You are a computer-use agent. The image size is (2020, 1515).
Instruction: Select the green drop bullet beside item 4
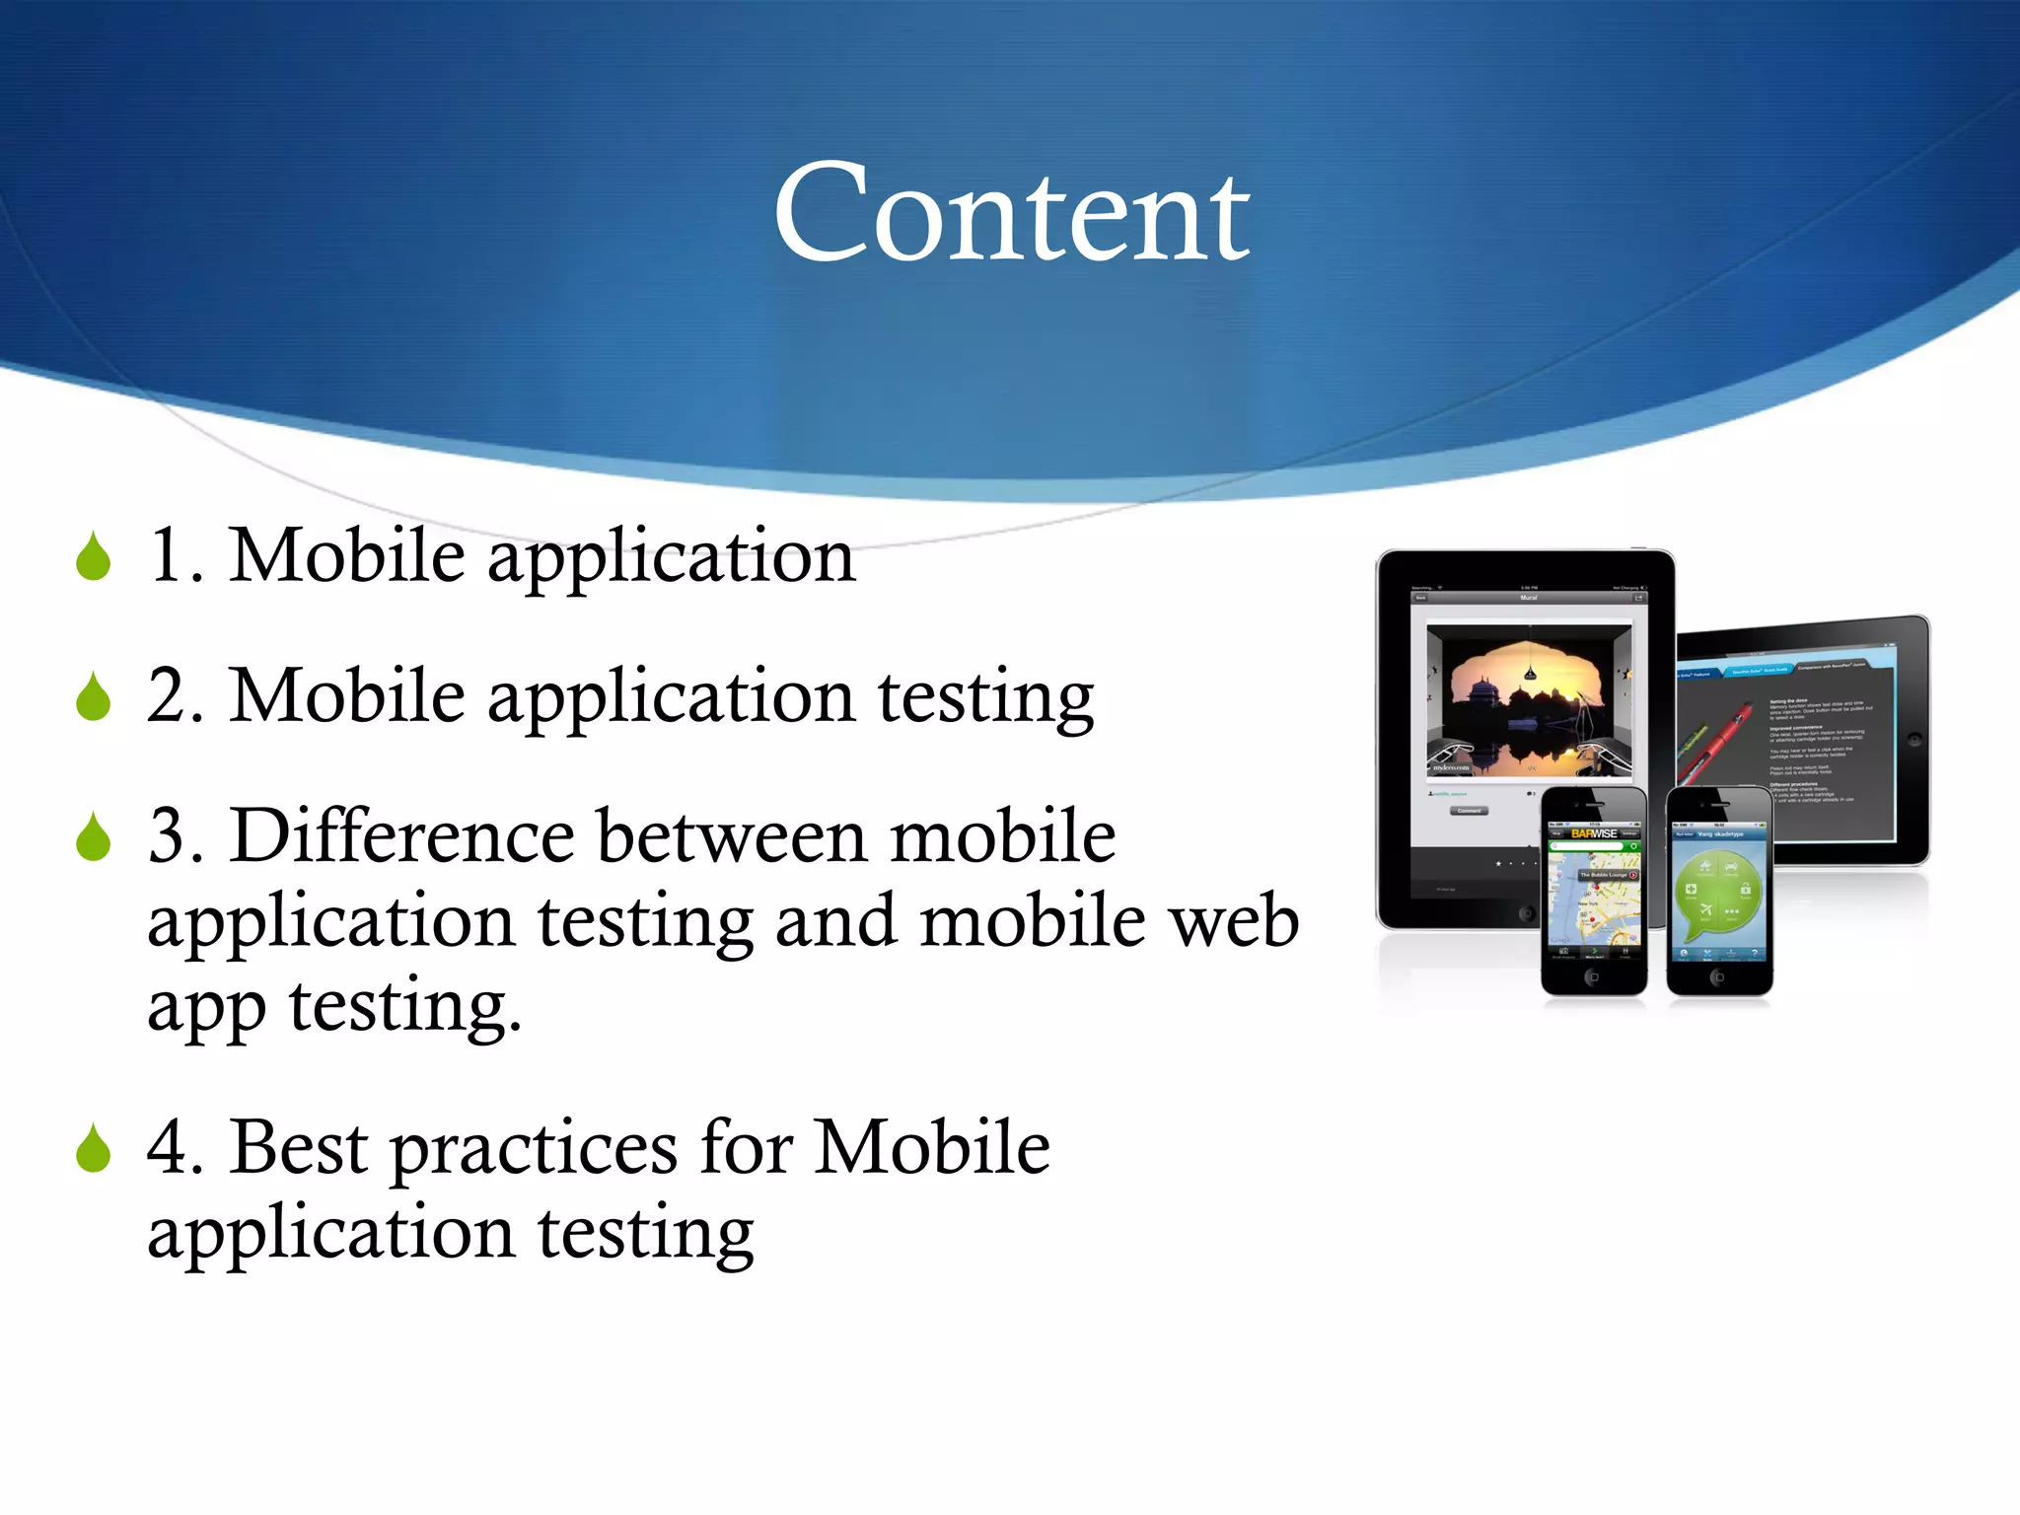(94, 1149)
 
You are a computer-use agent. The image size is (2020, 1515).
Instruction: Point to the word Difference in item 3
(401, 836)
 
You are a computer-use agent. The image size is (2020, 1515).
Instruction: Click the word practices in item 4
(534, 1150)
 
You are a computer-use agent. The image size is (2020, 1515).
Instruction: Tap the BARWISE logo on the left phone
(1594, 833)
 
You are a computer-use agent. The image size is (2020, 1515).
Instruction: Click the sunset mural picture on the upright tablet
(1529, 700)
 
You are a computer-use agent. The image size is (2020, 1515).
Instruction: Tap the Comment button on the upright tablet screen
(1470, 811)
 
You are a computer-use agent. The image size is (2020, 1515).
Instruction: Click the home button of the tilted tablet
(1913, 738)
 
